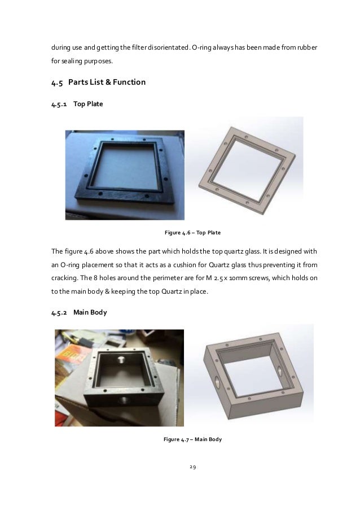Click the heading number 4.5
(x=57, y=82)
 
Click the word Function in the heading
(x=129, y=82)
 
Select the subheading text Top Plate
(x=88, y=104)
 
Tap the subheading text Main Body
(x=90, y=312)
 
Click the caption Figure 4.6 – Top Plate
(x=192, y=233)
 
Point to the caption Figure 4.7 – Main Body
(x=192, y=439)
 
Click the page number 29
(x=192, y=467)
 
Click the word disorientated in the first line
(x=169, y=47)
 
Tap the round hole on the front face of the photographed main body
(x=122, y=399)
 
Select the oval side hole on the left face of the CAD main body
(x=217, y=381)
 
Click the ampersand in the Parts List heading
(x=108, y=82)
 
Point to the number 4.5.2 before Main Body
(x=59, y=313)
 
